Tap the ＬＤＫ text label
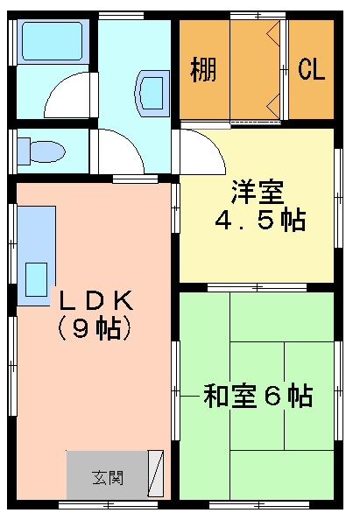point(95,300)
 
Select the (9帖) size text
point(95,329)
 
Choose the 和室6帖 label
point(258,396)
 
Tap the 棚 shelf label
point(203,69)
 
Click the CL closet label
point(311,69)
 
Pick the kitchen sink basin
point(37,280)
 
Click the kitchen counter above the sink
point(35,232)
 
